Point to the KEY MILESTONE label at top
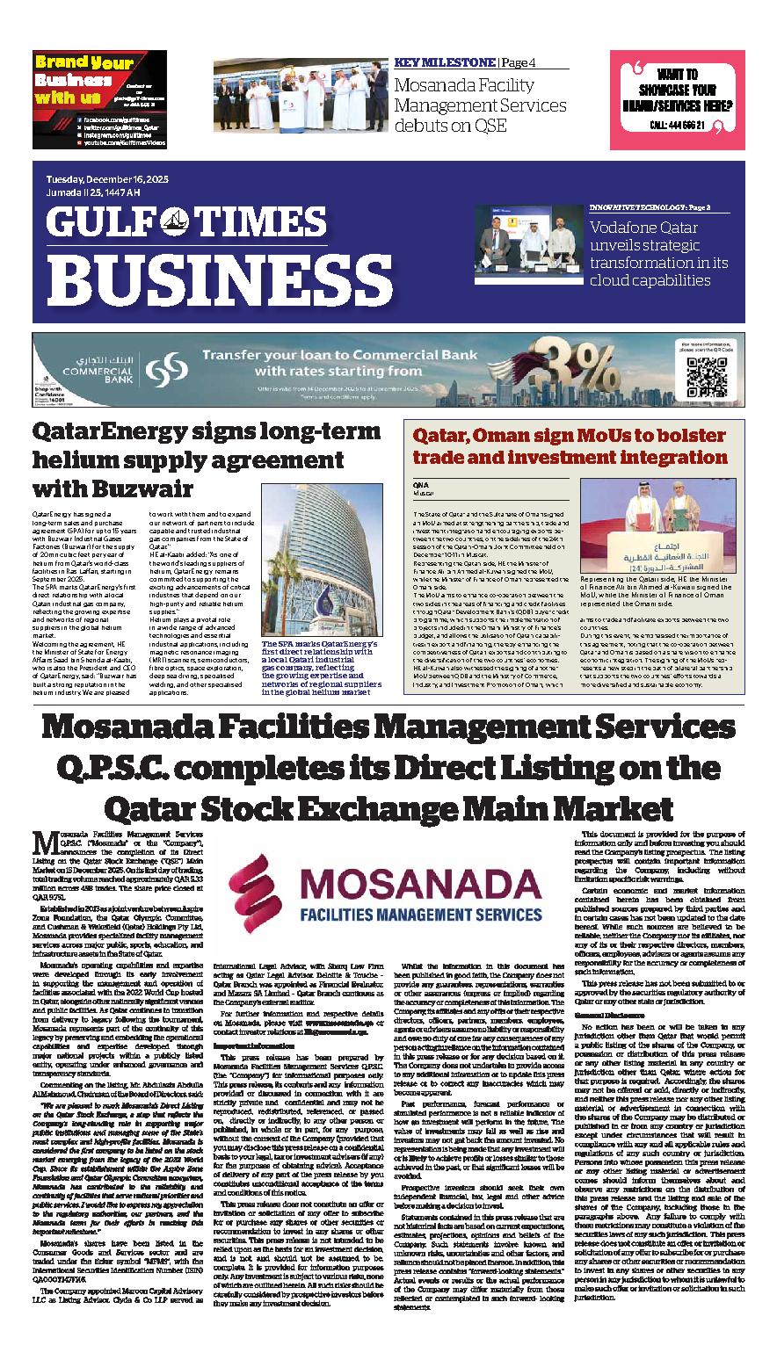[445, 62]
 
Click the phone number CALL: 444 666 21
[677, 126]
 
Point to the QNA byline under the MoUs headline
[421, 485]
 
